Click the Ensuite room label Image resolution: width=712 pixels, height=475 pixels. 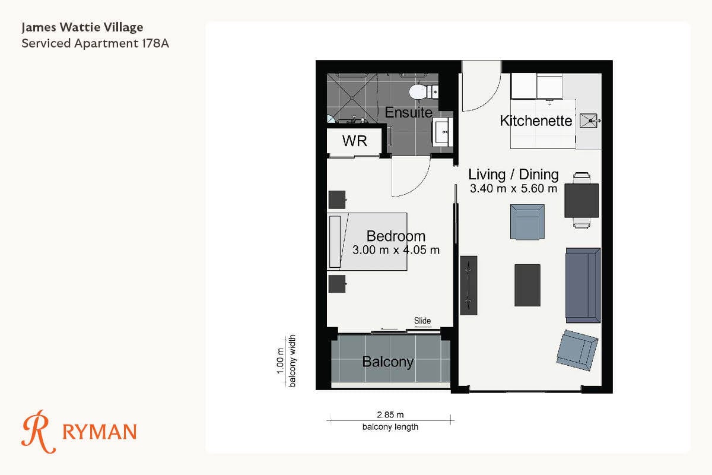pyautogui.click(x=408, y=112)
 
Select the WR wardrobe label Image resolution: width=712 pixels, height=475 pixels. pyautogui.click(x=355, y=141)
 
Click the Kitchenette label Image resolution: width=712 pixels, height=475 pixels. pyautogui.click(x=536, y=121)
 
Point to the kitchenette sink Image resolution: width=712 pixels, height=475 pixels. pyautogui.click(x=589, y=121)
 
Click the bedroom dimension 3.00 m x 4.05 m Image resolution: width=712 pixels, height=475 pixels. pyautogui.click(x=396, y=250)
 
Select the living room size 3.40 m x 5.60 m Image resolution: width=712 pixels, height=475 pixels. pyautogui.click(x=514, y=189)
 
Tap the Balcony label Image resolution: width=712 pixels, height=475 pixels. pyautogui.click(x=388, y=362)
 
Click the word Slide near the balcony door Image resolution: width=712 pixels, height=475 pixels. pyautogui.click(x=422, y=321)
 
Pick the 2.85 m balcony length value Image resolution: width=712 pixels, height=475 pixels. pyautogui.click(x=390, y=415)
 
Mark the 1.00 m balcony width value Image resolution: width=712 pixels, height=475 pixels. pyautogui.click(x=280, y=361)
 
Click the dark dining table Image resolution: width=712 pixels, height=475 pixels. pyautogui.click(x=581, y=201)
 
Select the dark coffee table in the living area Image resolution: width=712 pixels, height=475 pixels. pyautogui.click(x=527, y=285)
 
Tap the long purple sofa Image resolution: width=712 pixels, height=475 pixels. pyautogui.click(x=583, y=286)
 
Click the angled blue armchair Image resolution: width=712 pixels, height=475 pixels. pyautogui.click(x=577, y=350)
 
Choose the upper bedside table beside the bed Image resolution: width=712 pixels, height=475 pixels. pyautogui.click(x=337, y=200)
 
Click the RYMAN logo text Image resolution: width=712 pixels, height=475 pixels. pyautogui.click(x=100, y=432)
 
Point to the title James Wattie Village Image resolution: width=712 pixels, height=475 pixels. pyautogui.click(x=82, y=27)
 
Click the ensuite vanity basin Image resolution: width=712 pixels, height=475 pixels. pyautogui.click(x=442, y=132)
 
